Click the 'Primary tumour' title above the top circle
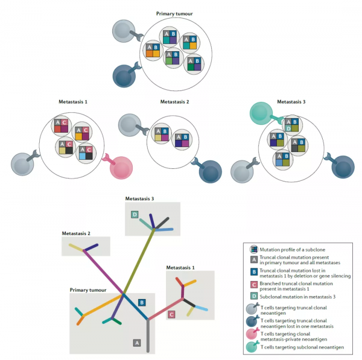coord(174,14)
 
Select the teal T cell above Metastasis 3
coord(261,113)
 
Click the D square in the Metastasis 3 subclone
coord(288,128)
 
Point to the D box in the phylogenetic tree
coord(135,215)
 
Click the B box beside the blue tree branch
coord(142,303)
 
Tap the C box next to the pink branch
coord(171,315)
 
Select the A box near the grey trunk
coord(137,343)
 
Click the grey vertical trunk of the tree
coord(148,336)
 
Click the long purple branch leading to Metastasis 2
coord(103,272)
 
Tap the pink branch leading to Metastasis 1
coord(165,309)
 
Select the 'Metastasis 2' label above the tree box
coord(76,233)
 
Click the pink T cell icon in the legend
coord(252,333)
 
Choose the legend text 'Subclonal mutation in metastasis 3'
coord(297,297)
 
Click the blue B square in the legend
coord(254,272)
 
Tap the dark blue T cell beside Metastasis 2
coord(210,171)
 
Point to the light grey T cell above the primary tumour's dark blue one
coord(124,31)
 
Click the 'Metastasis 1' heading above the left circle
coord(73,102)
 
